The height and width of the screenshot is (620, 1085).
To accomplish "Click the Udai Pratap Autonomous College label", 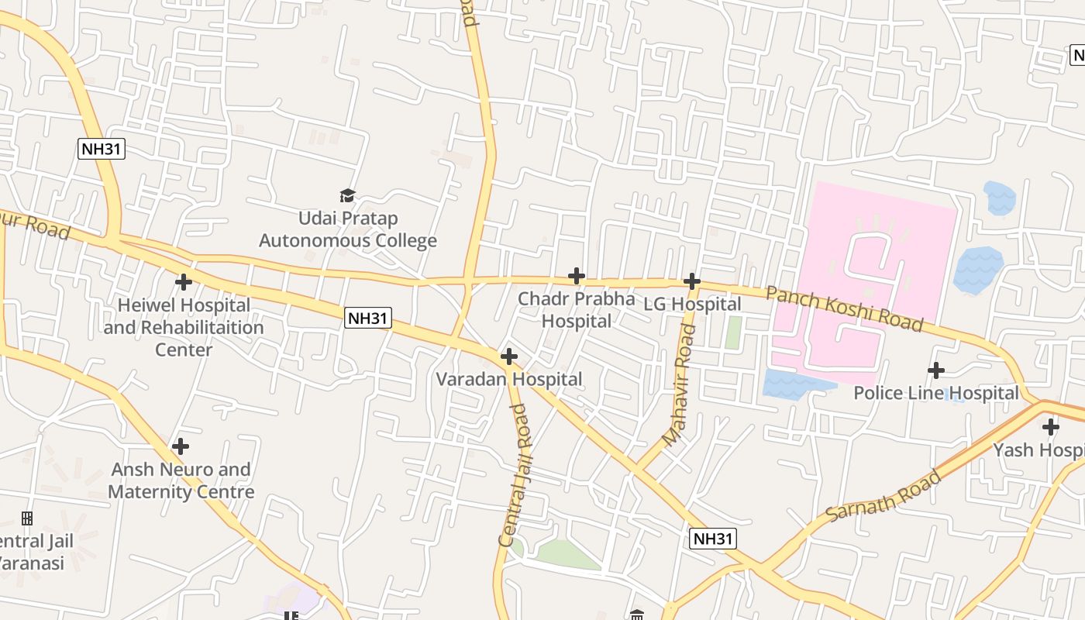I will pyautogui.click(x=348, y=229).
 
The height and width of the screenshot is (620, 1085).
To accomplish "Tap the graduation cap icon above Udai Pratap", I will pyautogui.click(x=347, y=195).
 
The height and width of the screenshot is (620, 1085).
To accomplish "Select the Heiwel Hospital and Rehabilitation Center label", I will pyautogui.click(x=184, y=327).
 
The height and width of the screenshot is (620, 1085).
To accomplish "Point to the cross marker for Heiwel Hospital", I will pyautogui.click(x=184, y=282).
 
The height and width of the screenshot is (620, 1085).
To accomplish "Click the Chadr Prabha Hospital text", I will pyautogui.click(x=576, y=309).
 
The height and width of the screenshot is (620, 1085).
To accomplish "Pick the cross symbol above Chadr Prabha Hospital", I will pyautogui.click(x=576, y=276).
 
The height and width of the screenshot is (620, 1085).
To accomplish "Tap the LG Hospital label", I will pyautogui.click(x=692, y=305).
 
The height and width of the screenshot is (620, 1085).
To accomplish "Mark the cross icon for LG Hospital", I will pyautogui.click(x=692, y=281).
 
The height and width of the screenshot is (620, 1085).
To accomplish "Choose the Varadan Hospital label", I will pyautogui.click(x=508, y=379).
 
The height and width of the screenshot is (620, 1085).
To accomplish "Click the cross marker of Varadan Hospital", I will pyautogui.click(x=509, y=356).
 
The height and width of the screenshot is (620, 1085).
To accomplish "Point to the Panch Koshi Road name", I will pyautogui.click(x=844, y=308).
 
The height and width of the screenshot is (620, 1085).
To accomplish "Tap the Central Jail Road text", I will pyautogui.click(x=517, y=475).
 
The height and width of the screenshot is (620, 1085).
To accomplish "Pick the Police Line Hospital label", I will pyautogui.click(x=935, y=393).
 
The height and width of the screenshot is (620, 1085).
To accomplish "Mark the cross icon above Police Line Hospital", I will pyautogui.click(x=936, y=370).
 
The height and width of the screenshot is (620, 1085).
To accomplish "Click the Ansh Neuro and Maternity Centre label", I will pyautogui.click(x=181, y=480).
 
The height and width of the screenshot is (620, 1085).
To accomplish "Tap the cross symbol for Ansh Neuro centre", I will pyautogui.click(x=181, y=446).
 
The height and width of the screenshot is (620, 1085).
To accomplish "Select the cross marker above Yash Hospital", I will pyautogui.click(x=1051, y=427).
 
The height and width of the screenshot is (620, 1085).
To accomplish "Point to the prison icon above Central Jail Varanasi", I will pyautogui.click(x=27, y=518).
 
